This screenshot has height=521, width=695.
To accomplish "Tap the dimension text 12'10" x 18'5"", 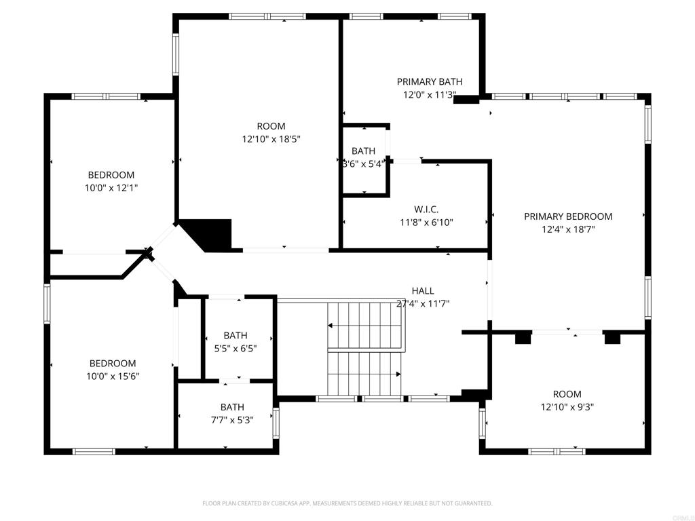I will (x=271, y=139).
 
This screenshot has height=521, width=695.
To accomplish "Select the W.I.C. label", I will (x=426, y=209).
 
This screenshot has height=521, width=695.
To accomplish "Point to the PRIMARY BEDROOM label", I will (x=568, y=216).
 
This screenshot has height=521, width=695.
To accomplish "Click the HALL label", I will (x=423, y=291).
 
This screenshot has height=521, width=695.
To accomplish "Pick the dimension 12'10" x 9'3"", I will (x=567, y=407).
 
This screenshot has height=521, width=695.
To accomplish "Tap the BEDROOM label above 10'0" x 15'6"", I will (x=113, y=363).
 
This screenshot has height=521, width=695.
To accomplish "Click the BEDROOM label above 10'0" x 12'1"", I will (x=111, y=175).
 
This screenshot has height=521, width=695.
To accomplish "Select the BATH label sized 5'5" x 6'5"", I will (x=235, y=335).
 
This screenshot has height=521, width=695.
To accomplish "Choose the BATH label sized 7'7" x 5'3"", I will (x=231, y=407).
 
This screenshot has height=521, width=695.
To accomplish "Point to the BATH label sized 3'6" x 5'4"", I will (x=363, y=151).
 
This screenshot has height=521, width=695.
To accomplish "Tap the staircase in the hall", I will (x=365, y=349).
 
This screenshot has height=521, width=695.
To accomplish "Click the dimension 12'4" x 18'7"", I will (x=568, y=229).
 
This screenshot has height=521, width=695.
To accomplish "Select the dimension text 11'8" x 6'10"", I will (x=426, y=222).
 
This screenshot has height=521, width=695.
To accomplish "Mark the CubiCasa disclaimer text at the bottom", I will (x=347, y=503).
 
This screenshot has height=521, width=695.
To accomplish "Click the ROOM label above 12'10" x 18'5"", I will (x=271, y=126).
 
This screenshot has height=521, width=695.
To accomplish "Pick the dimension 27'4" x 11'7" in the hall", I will (x=423, y=304).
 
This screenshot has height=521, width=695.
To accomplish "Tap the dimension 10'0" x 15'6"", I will (x=113, y=376).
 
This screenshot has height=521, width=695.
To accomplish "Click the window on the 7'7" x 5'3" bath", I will (x=276, y=421).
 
